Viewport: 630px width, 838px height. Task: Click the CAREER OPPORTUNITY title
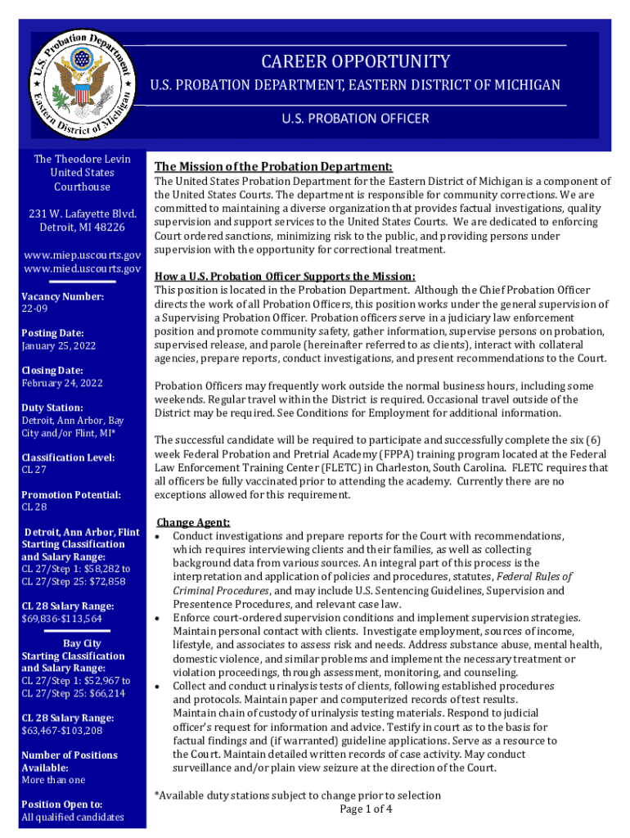click(355, 61)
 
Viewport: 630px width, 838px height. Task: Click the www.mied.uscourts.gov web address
click(82, 268)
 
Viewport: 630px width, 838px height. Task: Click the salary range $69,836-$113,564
click(62, 619)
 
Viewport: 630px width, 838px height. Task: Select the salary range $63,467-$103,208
click(62, 731)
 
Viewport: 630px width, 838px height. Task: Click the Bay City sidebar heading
click(82, 643)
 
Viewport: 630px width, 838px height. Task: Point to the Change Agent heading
click(193, 522)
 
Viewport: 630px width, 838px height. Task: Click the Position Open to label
click(62, 804)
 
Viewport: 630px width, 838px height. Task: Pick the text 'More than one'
click(53, 780)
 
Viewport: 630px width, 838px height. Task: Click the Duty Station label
click(52, 408)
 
